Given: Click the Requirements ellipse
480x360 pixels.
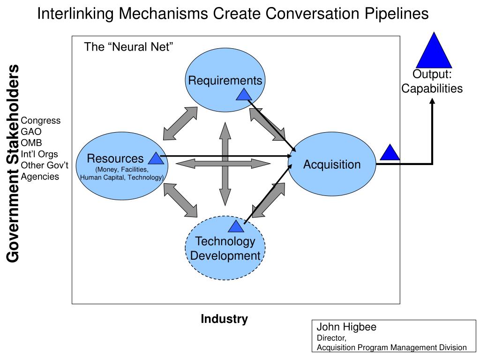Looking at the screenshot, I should coord(225,66).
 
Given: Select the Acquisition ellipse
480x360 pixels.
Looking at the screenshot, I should coord(332,165).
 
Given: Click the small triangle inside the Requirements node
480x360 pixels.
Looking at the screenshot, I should coord(244,95).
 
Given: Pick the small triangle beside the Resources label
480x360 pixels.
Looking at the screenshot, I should coord(156,158).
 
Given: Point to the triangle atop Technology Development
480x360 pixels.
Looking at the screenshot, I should coord(236,227).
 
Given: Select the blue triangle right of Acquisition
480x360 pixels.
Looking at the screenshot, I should coord(390,153).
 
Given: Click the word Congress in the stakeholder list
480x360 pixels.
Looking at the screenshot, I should coord(41,120).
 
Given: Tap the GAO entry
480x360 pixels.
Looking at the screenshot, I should coord(31,132).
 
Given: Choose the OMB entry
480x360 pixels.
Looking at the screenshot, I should coord(31,143).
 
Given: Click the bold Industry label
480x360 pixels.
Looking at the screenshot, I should coord(224,319).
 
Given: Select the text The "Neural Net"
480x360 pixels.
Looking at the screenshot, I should coord(129,47).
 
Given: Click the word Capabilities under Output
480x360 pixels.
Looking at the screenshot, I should coord(432,89).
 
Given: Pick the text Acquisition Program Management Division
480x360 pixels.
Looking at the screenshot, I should coord(391,347).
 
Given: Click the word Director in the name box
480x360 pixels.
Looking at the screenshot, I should coord(331,338).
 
